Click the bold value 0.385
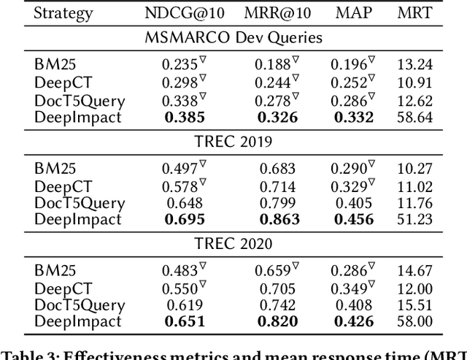point(184,116)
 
